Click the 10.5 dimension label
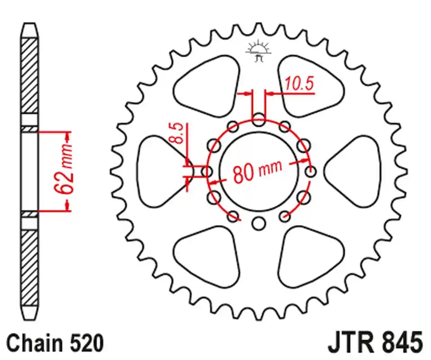pyautogui.click(x=298, y=84)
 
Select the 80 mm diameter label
pyautogui.click(x=257, y=171)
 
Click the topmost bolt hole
pyautogui.click(x=259, y=120)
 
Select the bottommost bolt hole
pyautogui.click(x=258, y=223)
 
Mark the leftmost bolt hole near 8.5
pyautogui.click(x=207, y=171)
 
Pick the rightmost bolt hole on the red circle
pyautogui.click(x=310, y=171)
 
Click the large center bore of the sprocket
pyautogui.click(x=259, y=171)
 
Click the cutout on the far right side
pyautogui.click(x=355, y=171)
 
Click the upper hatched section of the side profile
pyautogui.click(x=30, y=76)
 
